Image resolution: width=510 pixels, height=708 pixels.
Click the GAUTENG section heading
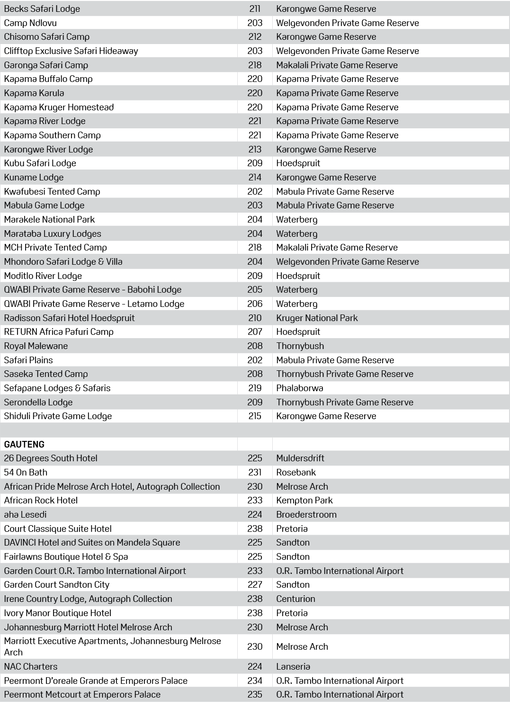point(24,444)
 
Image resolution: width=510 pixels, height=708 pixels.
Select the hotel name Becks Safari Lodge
point(42,9)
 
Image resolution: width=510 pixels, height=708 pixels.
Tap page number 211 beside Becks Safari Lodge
point(255,9)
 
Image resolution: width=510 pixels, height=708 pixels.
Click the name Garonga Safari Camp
point(46,65)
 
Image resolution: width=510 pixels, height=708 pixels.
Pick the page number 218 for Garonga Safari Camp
point(255,65)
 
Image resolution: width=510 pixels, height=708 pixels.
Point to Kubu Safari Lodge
point(40,163)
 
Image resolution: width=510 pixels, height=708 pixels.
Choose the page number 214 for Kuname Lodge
point(255,177)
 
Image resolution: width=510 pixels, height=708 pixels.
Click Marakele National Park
point(50,219)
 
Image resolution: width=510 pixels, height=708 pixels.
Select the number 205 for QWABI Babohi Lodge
point(255,289)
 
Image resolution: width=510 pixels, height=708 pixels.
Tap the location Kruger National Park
point(317,318)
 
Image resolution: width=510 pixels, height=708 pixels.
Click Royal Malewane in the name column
point(36,346)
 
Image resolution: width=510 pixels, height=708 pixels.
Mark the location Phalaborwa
point(300,388)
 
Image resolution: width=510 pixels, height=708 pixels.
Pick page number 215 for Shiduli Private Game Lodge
point(255,416)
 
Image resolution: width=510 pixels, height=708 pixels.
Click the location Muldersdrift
point(300,458)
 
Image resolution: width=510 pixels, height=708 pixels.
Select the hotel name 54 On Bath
point(26,472)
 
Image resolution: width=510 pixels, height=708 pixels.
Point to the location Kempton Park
point(304,500)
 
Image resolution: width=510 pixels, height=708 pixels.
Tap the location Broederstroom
point(306,514)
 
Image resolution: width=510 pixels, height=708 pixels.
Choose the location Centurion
point(295,599)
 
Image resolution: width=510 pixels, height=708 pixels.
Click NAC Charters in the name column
point(31,666)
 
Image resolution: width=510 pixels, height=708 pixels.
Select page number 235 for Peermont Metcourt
point(255,694)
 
